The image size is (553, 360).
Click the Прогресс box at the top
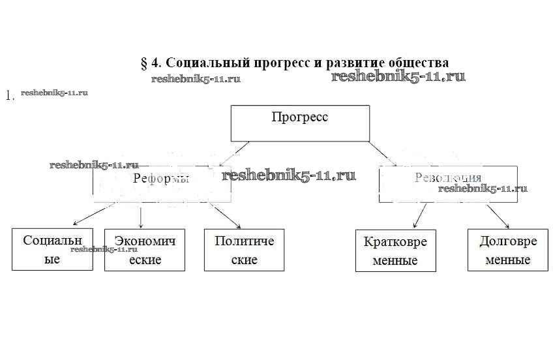click(x=300, y=123)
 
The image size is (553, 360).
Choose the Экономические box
click(x=144, y=250)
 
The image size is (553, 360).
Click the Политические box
click(x=244, y=250)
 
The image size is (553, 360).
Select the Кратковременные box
click(x=395, y=251)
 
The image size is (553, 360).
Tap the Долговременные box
click(x=508, y=250)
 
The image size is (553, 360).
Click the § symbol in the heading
click(x=144, y=63)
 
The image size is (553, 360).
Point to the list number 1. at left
click(x=10, y=96)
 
